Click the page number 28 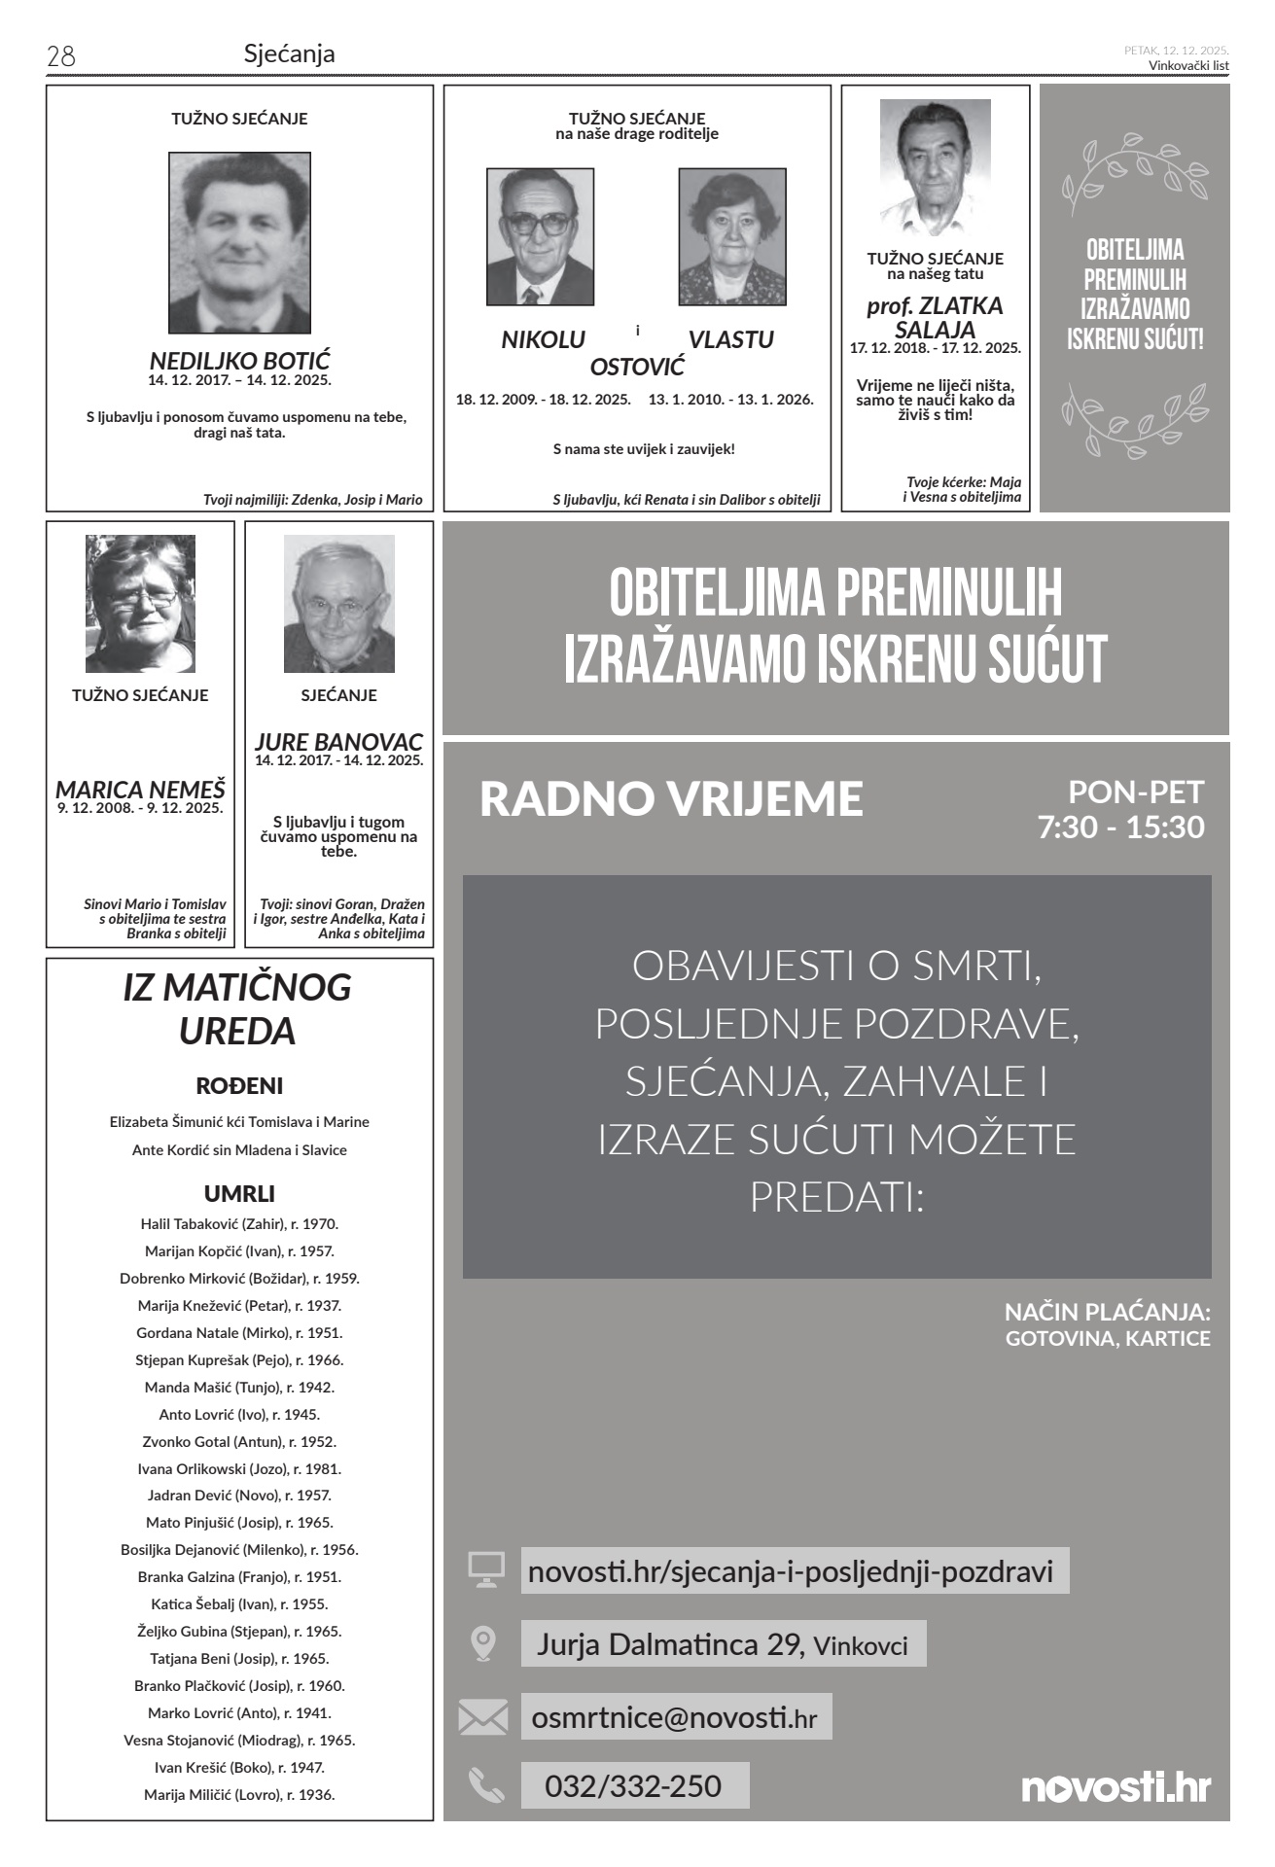click(x=60, y=56)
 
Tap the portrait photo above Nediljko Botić click(x=239, y=242)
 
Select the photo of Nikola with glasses click(x=540, y=236)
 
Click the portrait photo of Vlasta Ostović click(x=731, y=236)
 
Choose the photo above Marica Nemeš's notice click(x=140, y=603)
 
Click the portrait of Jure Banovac click(x=338, y=603)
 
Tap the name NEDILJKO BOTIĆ click(x=239, y=361)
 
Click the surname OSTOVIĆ click(x=637, y=367)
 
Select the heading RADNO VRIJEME click(x=671, y=798)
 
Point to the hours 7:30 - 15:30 click(x=1120, y=827)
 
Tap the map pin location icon click(x=483, y=1642)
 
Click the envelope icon click(x=483, y=1717)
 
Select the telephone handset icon click(x=485, y=1785)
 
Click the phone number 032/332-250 click(x=633, y=1785)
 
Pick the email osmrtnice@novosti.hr click(x=674, y=1717)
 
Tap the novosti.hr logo click(x=1116, y=1786)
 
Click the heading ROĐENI click(x=239, y=1085)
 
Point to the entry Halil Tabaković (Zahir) click(x=239, y=1224)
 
